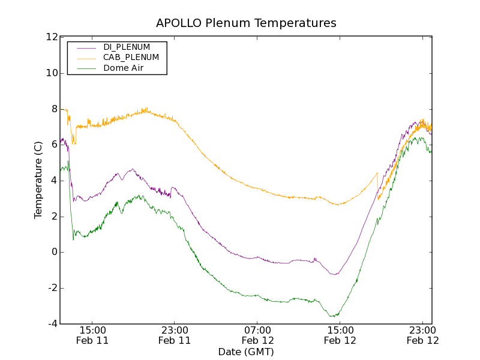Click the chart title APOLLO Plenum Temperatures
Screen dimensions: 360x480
coord(246,23)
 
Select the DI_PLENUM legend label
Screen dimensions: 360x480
coord(127,47)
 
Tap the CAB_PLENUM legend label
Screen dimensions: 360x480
coord(131,58)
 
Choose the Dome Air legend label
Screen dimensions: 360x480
coord(124,68)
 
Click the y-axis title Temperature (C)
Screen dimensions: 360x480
coord(38,180)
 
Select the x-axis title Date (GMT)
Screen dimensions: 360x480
coord(246,352)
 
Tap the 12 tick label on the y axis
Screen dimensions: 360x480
coord(52,37)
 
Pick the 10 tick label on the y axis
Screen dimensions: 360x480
coord(52,73)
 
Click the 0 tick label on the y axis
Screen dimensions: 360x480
coord(54,252)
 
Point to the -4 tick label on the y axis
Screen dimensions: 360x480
coord(52,324)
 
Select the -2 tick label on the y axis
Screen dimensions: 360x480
coord(52,288)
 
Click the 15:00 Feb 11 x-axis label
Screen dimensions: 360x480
coord(92,335)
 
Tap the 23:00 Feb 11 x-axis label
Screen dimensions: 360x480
coord(175,335)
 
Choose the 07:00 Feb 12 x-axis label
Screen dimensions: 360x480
coord(257,335)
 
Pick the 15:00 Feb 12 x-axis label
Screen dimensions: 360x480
coord(340,335)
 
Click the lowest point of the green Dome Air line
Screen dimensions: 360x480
coord(332,316)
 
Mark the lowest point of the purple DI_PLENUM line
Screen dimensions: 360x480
coord(334,275)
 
